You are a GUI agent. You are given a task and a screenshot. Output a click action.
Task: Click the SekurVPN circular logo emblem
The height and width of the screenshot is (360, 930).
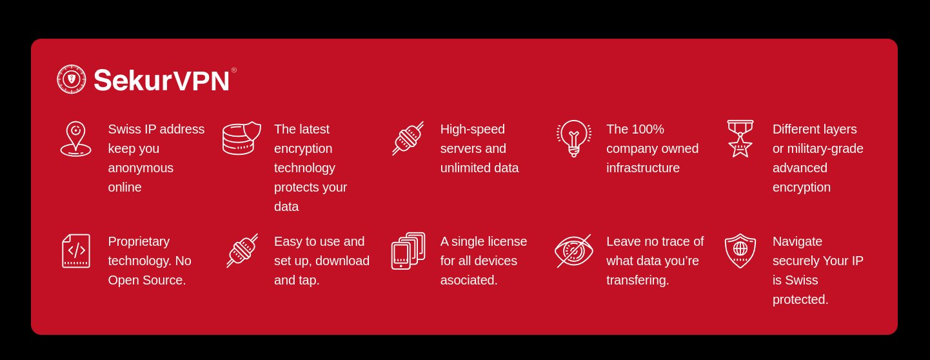tap(72, 79)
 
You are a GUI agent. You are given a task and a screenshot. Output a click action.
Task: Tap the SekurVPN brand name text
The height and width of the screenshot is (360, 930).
tap(161, 80)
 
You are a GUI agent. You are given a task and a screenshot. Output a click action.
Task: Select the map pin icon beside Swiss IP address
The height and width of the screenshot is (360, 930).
tap(75, 139)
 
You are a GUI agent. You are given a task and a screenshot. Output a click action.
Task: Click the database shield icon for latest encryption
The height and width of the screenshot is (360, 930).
tap(242, 138)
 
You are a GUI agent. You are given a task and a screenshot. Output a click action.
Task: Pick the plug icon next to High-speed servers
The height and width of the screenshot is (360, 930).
tap(408, 138)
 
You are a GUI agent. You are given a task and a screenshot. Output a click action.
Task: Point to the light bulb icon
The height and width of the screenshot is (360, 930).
tap(574, 138)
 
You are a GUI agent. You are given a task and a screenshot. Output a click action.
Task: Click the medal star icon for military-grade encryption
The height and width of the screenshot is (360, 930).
tap(740, 139)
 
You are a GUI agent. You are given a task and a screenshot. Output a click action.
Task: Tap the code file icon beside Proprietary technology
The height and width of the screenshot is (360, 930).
tap(76, 251)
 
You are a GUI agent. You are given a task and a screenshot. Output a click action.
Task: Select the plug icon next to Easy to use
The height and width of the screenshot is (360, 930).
tap(242, 251)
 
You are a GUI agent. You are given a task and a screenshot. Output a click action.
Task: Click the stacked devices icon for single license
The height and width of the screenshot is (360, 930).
tap(408, 251)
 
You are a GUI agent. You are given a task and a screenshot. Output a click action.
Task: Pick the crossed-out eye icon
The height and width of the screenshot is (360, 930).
tap(574, 251)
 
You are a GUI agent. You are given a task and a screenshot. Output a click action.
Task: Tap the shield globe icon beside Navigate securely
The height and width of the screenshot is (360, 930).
tap(740, 251)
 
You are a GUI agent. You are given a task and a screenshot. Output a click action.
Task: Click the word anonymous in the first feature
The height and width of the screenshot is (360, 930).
tap(141, 168)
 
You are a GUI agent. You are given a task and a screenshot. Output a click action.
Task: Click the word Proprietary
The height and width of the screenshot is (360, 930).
tap(139, 242)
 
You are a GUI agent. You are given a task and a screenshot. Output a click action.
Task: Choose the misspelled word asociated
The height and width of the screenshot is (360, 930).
tap(469, 280)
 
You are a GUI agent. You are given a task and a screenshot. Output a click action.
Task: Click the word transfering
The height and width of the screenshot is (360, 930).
tap(638, 280)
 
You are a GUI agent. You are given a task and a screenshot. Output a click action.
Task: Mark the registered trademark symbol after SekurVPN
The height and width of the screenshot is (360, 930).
tap(233, 70)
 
